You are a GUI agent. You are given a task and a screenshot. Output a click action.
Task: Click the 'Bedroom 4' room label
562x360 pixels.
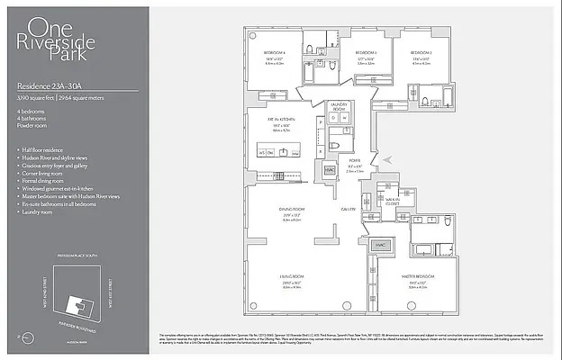(275, 53)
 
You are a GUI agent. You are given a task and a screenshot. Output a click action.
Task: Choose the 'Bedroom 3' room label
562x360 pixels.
(365, 53)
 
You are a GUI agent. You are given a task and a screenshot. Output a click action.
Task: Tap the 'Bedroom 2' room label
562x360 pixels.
(421, 53)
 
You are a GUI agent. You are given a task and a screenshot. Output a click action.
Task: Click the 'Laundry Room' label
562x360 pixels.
(340, 106)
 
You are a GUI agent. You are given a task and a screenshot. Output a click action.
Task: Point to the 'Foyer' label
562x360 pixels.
(355, 162)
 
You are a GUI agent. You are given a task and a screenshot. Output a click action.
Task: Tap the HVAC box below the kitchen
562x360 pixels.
(318, 167)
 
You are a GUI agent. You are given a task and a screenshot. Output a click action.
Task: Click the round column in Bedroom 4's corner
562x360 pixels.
(251, 36)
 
